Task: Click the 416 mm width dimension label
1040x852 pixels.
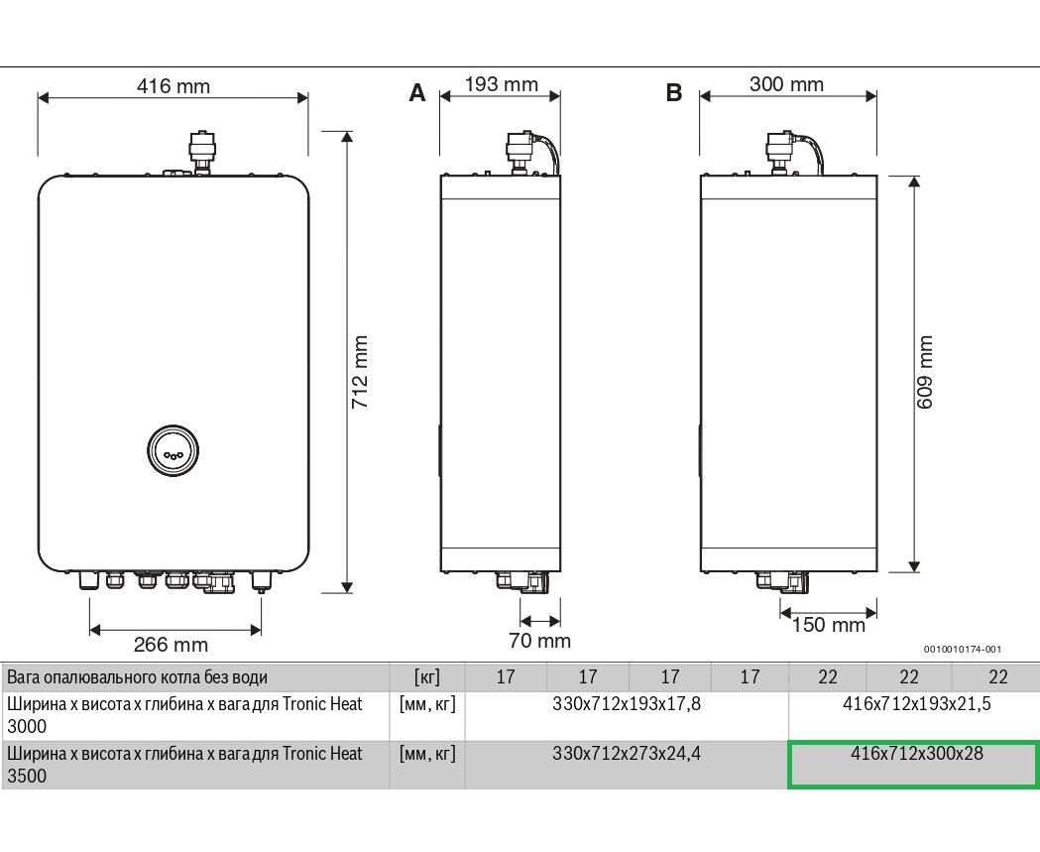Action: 173,86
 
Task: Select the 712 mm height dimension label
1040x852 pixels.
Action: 361,372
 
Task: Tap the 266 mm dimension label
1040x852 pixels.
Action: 171,645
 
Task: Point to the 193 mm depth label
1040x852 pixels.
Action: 501,84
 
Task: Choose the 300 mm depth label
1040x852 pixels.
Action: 786,84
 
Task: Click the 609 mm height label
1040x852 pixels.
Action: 926,375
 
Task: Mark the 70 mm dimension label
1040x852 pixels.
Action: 539,641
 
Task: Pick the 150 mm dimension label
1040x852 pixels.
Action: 829,625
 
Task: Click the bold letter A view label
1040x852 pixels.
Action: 417,93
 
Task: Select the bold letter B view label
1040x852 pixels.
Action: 674,93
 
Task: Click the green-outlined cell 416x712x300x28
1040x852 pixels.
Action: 913,764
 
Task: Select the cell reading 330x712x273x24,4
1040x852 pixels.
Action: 627,754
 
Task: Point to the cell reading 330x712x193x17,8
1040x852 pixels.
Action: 627,704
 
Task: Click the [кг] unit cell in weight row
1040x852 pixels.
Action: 426,677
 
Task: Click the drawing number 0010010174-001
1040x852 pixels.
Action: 962,650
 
